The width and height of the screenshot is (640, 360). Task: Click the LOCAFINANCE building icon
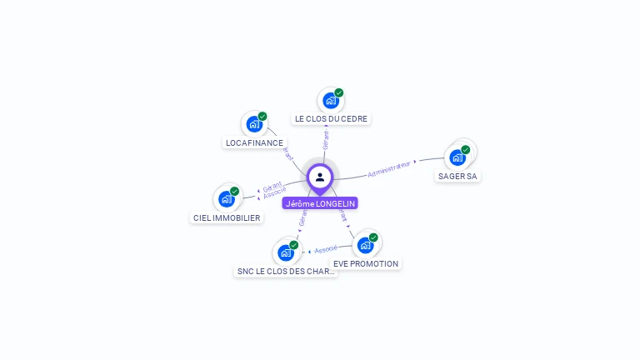254,125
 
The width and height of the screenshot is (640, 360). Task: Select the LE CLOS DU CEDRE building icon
330,101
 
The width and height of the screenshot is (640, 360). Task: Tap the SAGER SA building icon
457,157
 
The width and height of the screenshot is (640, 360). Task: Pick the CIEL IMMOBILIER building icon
227,198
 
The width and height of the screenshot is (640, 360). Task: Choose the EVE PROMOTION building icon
365,245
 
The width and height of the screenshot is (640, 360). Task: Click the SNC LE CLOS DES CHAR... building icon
286,252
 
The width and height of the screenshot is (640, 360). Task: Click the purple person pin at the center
320,177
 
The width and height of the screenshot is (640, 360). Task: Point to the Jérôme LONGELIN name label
320,203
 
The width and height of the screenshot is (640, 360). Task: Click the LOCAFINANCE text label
254,142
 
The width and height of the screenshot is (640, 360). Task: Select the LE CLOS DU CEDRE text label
331,119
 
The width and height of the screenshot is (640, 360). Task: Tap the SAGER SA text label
457,176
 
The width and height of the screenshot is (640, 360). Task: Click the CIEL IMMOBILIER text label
227,217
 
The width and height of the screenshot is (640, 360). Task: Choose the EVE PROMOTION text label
366,263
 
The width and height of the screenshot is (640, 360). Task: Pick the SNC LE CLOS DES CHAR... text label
286,271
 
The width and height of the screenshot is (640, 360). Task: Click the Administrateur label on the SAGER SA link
389,168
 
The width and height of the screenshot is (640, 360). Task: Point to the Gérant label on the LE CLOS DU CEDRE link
326,138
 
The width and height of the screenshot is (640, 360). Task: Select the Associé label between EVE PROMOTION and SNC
326,249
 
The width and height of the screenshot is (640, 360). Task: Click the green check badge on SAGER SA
465,150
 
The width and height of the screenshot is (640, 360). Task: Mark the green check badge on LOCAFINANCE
262,117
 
